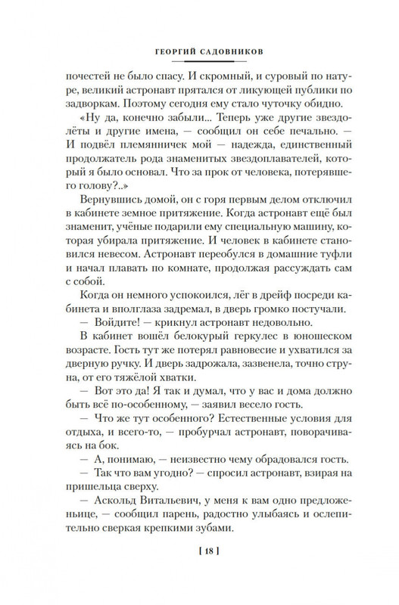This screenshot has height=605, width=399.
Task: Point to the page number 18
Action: pyautogui.click(x=199, y=557)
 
